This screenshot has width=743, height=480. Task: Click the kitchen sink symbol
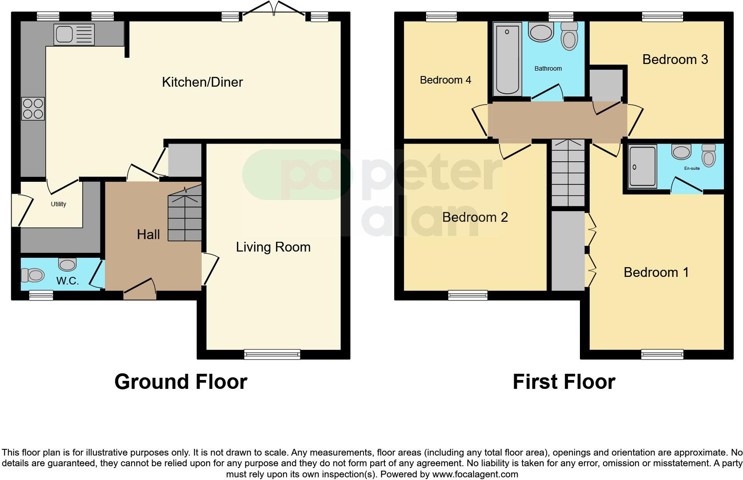74,35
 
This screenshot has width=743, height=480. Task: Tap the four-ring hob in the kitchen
33,108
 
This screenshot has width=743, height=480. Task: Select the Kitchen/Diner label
202,82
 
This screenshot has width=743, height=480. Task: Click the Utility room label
58,204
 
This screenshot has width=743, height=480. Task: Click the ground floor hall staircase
184,218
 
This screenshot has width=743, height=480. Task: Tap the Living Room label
273,247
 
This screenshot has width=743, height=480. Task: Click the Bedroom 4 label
445,80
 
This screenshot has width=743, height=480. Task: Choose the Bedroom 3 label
675,60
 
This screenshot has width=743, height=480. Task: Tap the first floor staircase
568,173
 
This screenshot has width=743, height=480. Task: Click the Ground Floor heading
180,382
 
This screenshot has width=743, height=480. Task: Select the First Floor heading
563,382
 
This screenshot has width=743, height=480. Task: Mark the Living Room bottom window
272,354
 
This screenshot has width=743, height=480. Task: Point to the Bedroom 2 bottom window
467,295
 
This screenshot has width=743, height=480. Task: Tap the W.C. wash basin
68,265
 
